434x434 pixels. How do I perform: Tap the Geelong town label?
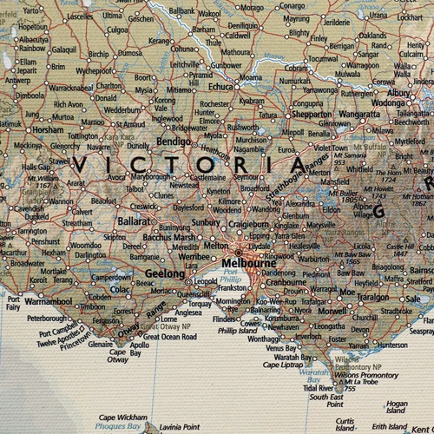[164, 273]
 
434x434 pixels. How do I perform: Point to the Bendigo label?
[173, 140]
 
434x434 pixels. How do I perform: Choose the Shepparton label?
[311, 113]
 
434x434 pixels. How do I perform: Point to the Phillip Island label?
[238, 331]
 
